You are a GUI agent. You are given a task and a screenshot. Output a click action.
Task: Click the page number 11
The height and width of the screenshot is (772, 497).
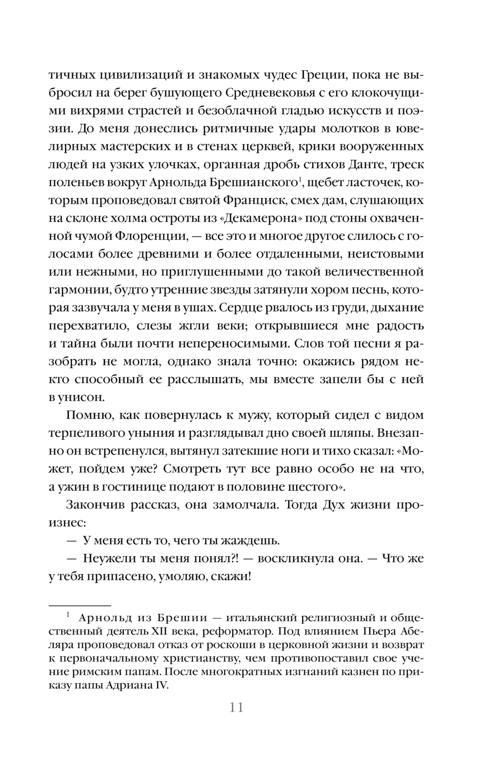pyautogui.click(x=237, y=707)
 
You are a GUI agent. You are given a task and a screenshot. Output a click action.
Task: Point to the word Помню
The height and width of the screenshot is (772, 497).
pyautogui.click(x=85, y=415)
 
